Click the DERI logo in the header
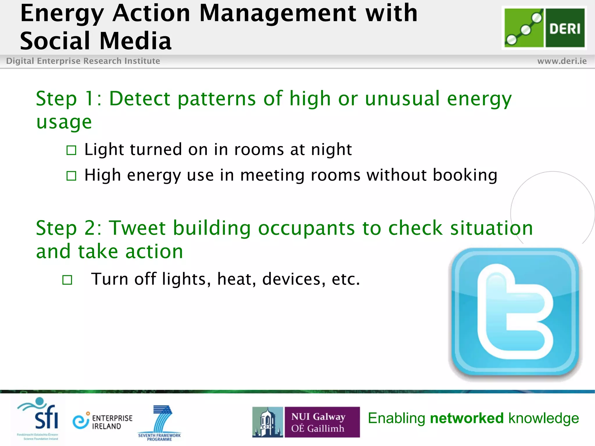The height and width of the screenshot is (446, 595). [x=544, y=28]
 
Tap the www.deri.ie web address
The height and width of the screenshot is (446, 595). [x=562, y=61]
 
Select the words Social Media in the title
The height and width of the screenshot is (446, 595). [x=96, y=41]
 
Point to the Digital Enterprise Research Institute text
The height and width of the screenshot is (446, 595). [x=83, y=61]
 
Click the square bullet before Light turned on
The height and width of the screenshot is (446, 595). [x=71, y=150]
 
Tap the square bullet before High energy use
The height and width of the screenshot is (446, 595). [x=71, y=176]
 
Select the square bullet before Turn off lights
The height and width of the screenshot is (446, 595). [x=67, y=280]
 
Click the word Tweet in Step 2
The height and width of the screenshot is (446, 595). [x=137, y=228]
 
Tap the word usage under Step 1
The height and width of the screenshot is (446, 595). [x=64, y=122]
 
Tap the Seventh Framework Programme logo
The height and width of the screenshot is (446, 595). [x=159, y=422]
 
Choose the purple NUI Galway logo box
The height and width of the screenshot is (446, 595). [x=322, y=422]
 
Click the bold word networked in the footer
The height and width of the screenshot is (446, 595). [x=467, y=418]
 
